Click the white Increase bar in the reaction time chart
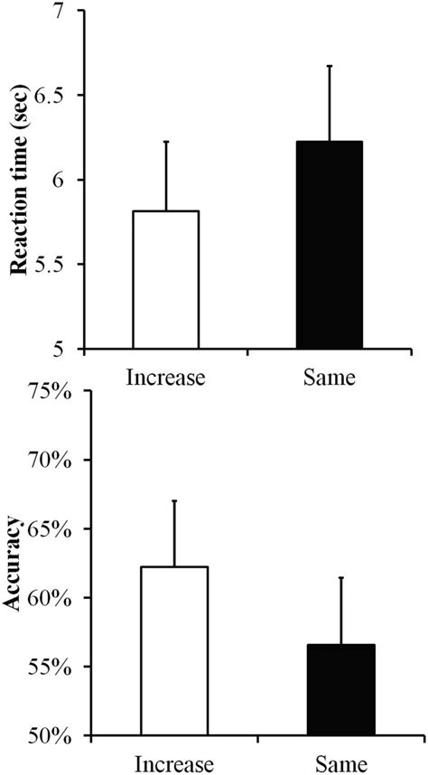tap(165, 279)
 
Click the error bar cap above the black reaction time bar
tap(330, 66)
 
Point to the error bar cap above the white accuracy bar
tap(173, 500)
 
